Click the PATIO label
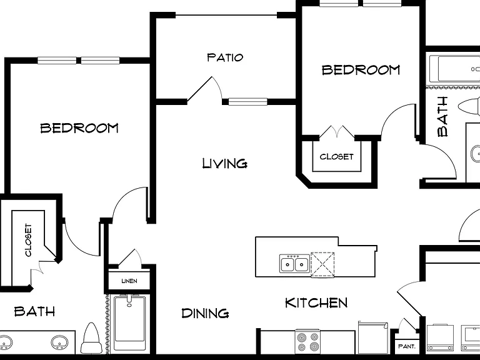click(225, 57)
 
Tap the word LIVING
click(225, 164)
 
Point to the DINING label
click(205, 313)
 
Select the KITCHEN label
click(316, 302)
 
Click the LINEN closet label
click(129, 281)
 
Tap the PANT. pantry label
click(407, 346)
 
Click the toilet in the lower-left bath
click(91, 338)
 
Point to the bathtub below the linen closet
click(129, 323)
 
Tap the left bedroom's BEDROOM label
click(79, 127)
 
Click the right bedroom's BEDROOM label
click(361, 70)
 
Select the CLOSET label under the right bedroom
click(336, 157)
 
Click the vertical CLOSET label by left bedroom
click(28, 240)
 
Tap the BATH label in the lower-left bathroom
click(34, 312)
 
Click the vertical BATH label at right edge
click(442, 116)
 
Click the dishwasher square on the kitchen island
click(322, 265)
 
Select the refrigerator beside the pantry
click(373, 337)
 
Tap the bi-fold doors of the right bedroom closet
click(337, 131)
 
